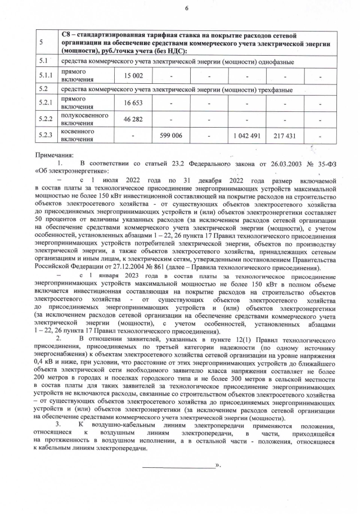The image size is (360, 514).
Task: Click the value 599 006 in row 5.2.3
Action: click(x=171, y=136)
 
